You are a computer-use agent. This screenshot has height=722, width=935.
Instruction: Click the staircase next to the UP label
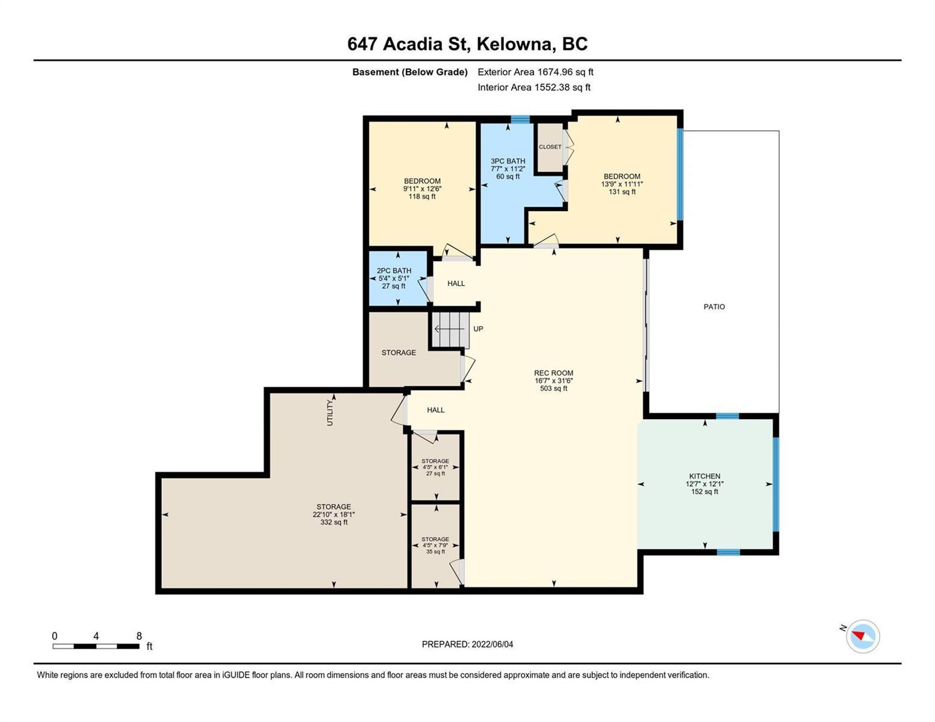451,329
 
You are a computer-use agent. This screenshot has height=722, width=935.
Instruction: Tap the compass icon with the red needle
862,637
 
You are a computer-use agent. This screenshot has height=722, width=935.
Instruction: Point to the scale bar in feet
96,646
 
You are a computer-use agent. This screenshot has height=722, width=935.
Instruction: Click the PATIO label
714,307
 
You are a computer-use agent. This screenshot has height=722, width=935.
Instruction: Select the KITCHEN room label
704,476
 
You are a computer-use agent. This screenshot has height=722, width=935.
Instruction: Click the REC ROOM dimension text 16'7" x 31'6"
553,381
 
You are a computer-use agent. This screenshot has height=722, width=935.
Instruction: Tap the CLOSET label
550,147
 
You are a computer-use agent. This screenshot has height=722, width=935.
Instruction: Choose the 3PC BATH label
508,161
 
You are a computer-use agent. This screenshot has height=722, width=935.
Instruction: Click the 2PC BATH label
394,271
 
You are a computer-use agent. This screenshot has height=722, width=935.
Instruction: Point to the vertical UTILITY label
330,413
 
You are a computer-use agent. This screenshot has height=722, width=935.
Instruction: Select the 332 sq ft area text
334,522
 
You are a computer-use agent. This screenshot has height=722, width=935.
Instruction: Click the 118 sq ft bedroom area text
421,197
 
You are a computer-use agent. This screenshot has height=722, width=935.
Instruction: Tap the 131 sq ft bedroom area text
622,192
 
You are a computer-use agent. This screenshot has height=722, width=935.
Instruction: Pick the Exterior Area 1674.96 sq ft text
535,72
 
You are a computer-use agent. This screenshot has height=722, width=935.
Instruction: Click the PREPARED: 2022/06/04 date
467,644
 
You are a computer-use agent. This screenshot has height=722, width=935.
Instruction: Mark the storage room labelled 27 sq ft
435,467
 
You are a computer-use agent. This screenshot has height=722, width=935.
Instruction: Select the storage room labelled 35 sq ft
435,545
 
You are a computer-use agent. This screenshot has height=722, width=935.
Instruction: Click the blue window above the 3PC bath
520,119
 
